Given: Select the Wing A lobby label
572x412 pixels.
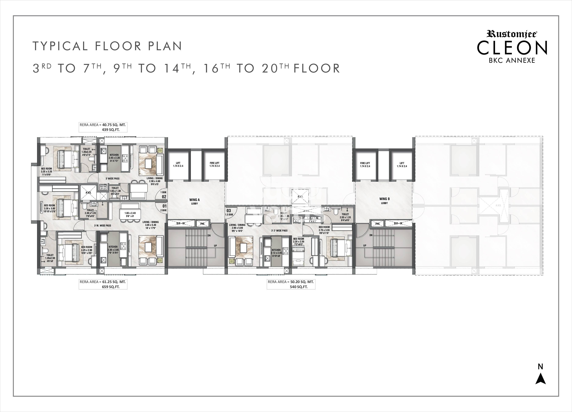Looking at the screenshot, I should (x=194, y=201).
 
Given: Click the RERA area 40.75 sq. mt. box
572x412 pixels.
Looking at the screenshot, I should (x=103, y=127).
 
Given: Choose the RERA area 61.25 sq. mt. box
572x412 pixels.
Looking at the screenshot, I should (x=103, y=284).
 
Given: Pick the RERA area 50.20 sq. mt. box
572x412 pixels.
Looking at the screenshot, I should (x=291, y=284).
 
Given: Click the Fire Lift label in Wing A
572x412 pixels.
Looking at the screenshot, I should (x=215, y=164).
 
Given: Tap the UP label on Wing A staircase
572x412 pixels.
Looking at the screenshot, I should (x=215, y=246).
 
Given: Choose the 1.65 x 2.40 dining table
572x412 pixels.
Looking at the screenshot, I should (x=130, y=214).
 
